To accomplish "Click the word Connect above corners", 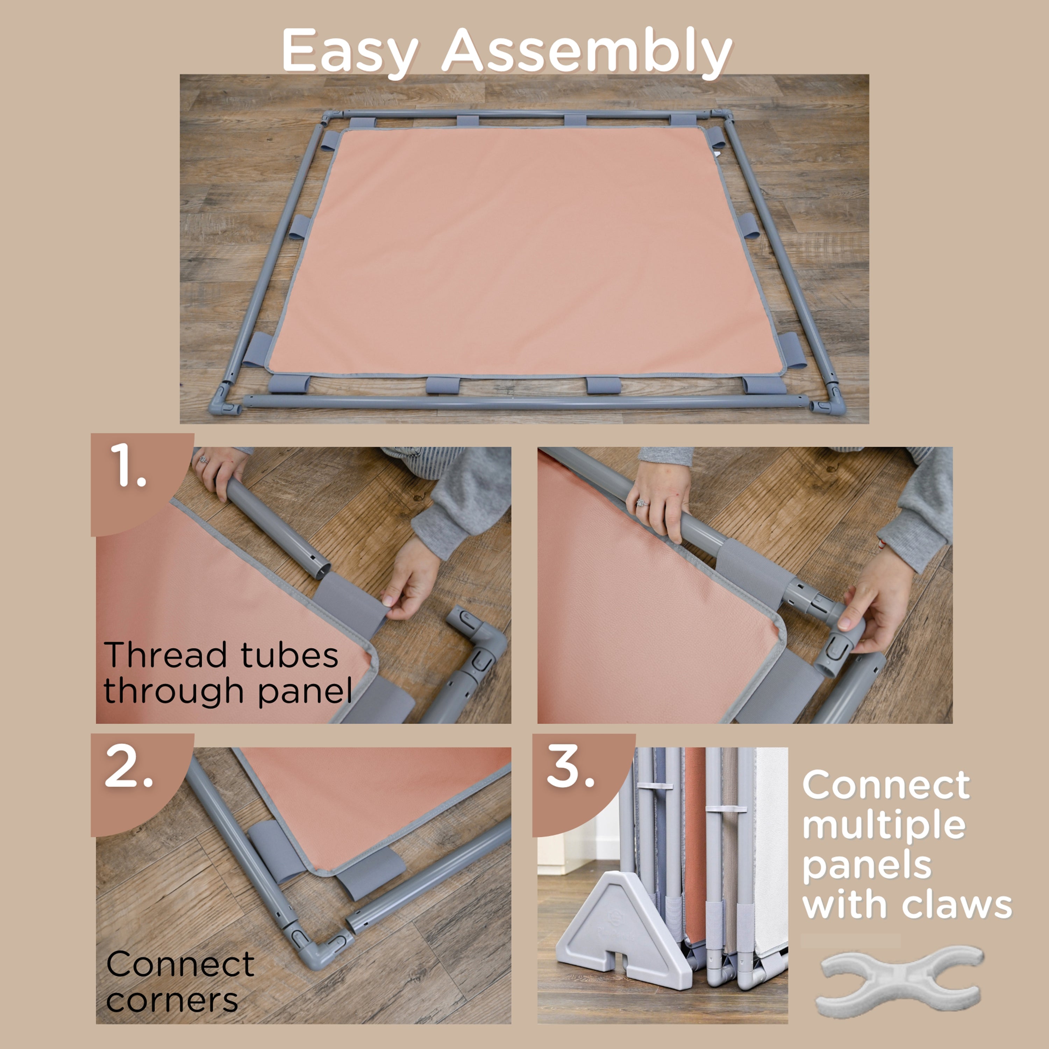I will [x=180, y=964].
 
